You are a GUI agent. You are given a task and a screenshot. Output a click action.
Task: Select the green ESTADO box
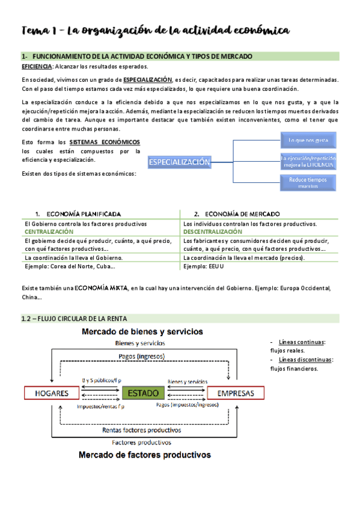pyautogui.click(x=144, y=393)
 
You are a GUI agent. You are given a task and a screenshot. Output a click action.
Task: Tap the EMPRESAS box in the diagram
pyautogui.click(x=235, y=393)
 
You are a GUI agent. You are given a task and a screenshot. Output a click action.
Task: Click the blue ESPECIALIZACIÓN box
pyautogui.click(x=180, y=162)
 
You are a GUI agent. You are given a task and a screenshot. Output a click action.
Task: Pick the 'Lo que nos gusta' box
pyautogui.click(x=308, y=141)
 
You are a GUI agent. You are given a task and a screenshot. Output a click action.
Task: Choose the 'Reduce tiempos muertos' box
pyautogui.click(x=308, y=182)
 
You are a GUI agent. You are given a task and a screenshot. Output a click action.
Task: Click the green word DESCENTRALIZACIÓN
pyautogui.click(x=213, y=232)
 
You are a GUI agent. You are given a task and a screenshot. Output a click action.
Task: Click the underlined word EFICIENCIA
pyautogui.click(x=37, y=67)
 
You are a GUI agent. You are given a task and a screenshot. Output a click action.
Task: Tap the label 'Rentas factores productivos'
pyautogui.click(x=142, y=430)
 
